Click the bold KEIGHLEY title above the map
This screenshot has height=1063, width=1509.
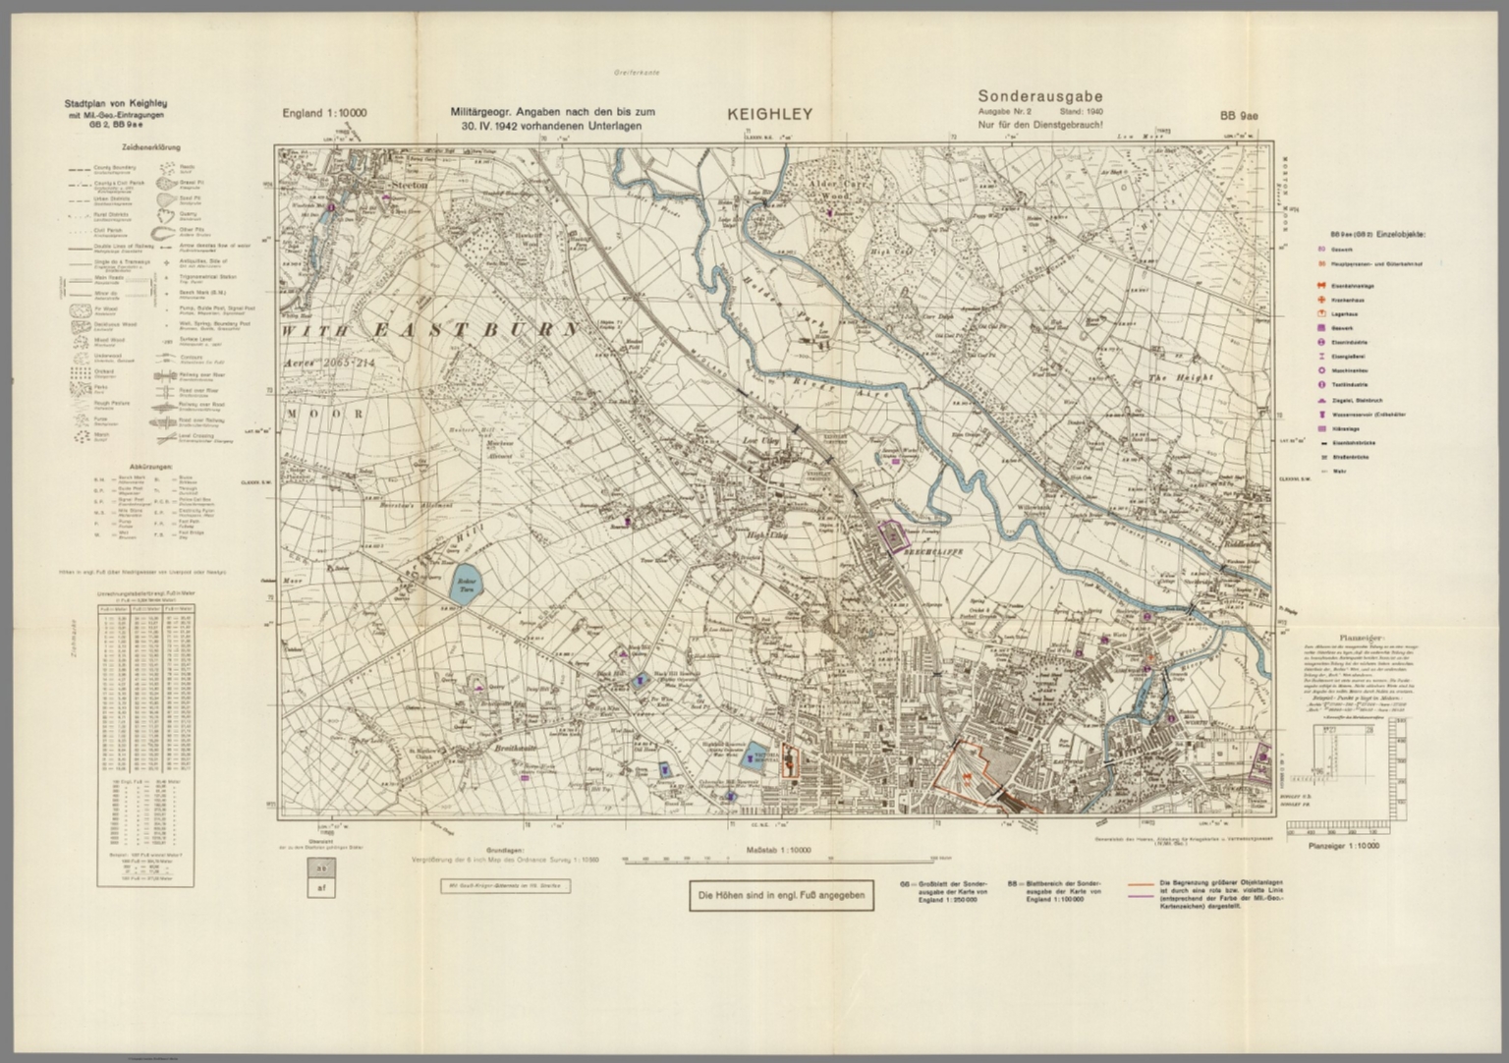click(769, 114)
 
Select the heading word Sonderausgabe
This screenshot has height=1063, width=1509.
click(1039, 96)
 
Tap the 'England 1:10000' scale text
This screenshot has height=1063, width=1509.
click(324, 113)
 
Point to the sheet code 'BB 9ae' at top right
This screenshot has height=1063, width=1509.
click(1239, 117)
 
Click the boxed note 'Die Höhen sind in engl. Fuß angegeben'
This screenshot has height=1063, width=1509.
click(777, 896)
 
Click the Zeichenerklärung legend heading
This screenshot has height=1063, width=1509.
click(150, 147)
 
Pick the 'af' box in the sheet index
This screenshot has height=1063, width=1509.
click(320, 887)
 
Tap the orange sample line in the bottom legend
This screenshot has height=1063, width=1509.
click(1142, 883)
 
